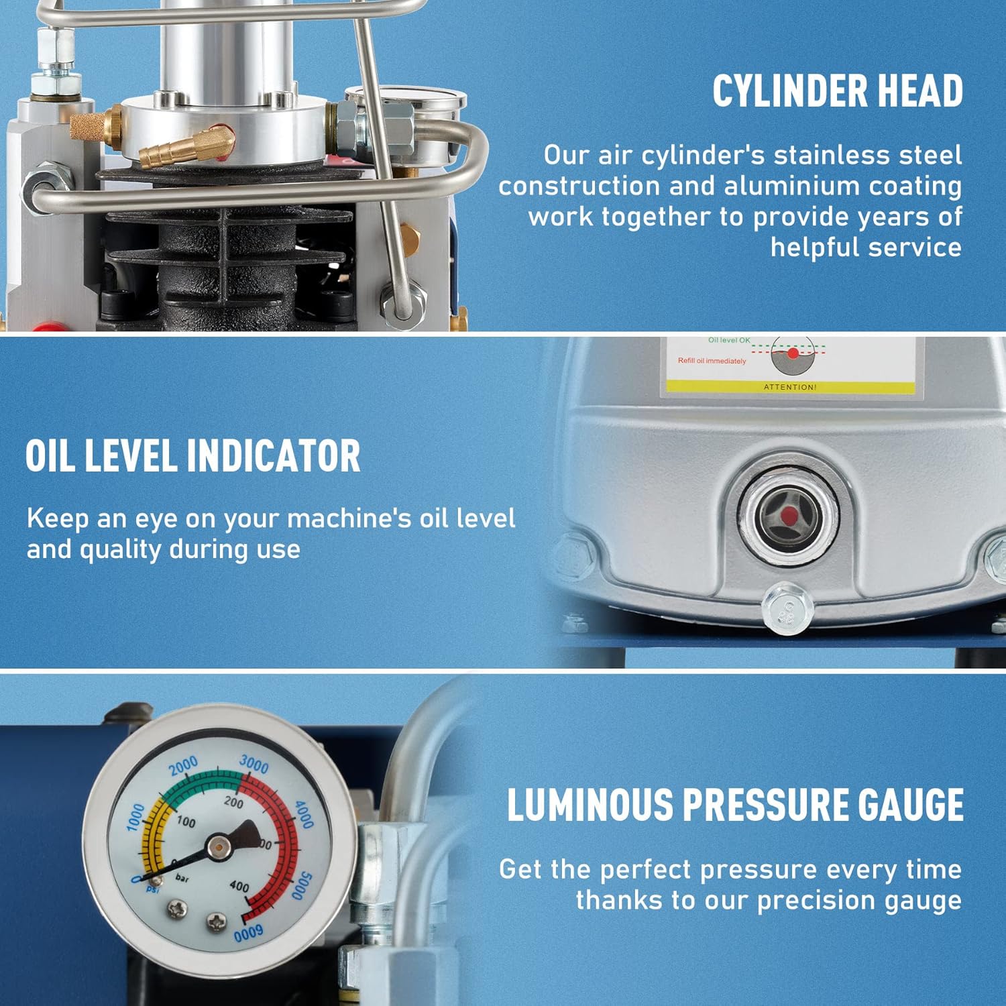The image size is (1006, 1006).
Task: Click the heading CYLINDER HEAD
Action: (838, 91)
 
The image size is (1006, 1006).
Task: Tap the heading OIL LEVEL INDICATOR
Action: (193, 456)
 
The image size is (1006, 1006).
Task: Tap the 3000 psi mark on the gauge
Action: (254, 765)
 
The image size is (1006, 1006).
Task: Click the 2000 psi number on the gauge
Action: (183, 765)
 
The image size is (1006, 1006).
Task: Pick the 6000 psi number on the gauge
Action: (249, 932)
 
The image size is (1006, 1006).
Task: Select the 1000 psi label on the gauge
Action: (135, 817)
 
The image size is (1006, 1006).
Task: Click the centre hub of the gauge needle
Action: (218, 847)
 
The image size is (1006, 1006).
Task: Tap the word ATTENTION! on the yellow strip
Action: (790, 387)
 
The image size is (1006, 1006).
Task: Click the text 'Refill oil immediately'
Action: (712, 361)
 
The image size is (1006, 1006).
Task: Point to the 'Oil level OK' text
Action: (729, 340)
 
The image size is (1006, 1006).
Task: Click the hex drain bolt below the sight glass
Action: (787, 608)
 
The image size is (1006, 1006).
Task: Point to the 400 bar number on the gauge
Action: (239, 887)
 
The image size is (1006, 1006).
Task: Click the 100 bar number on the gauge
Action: (186, 822)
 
